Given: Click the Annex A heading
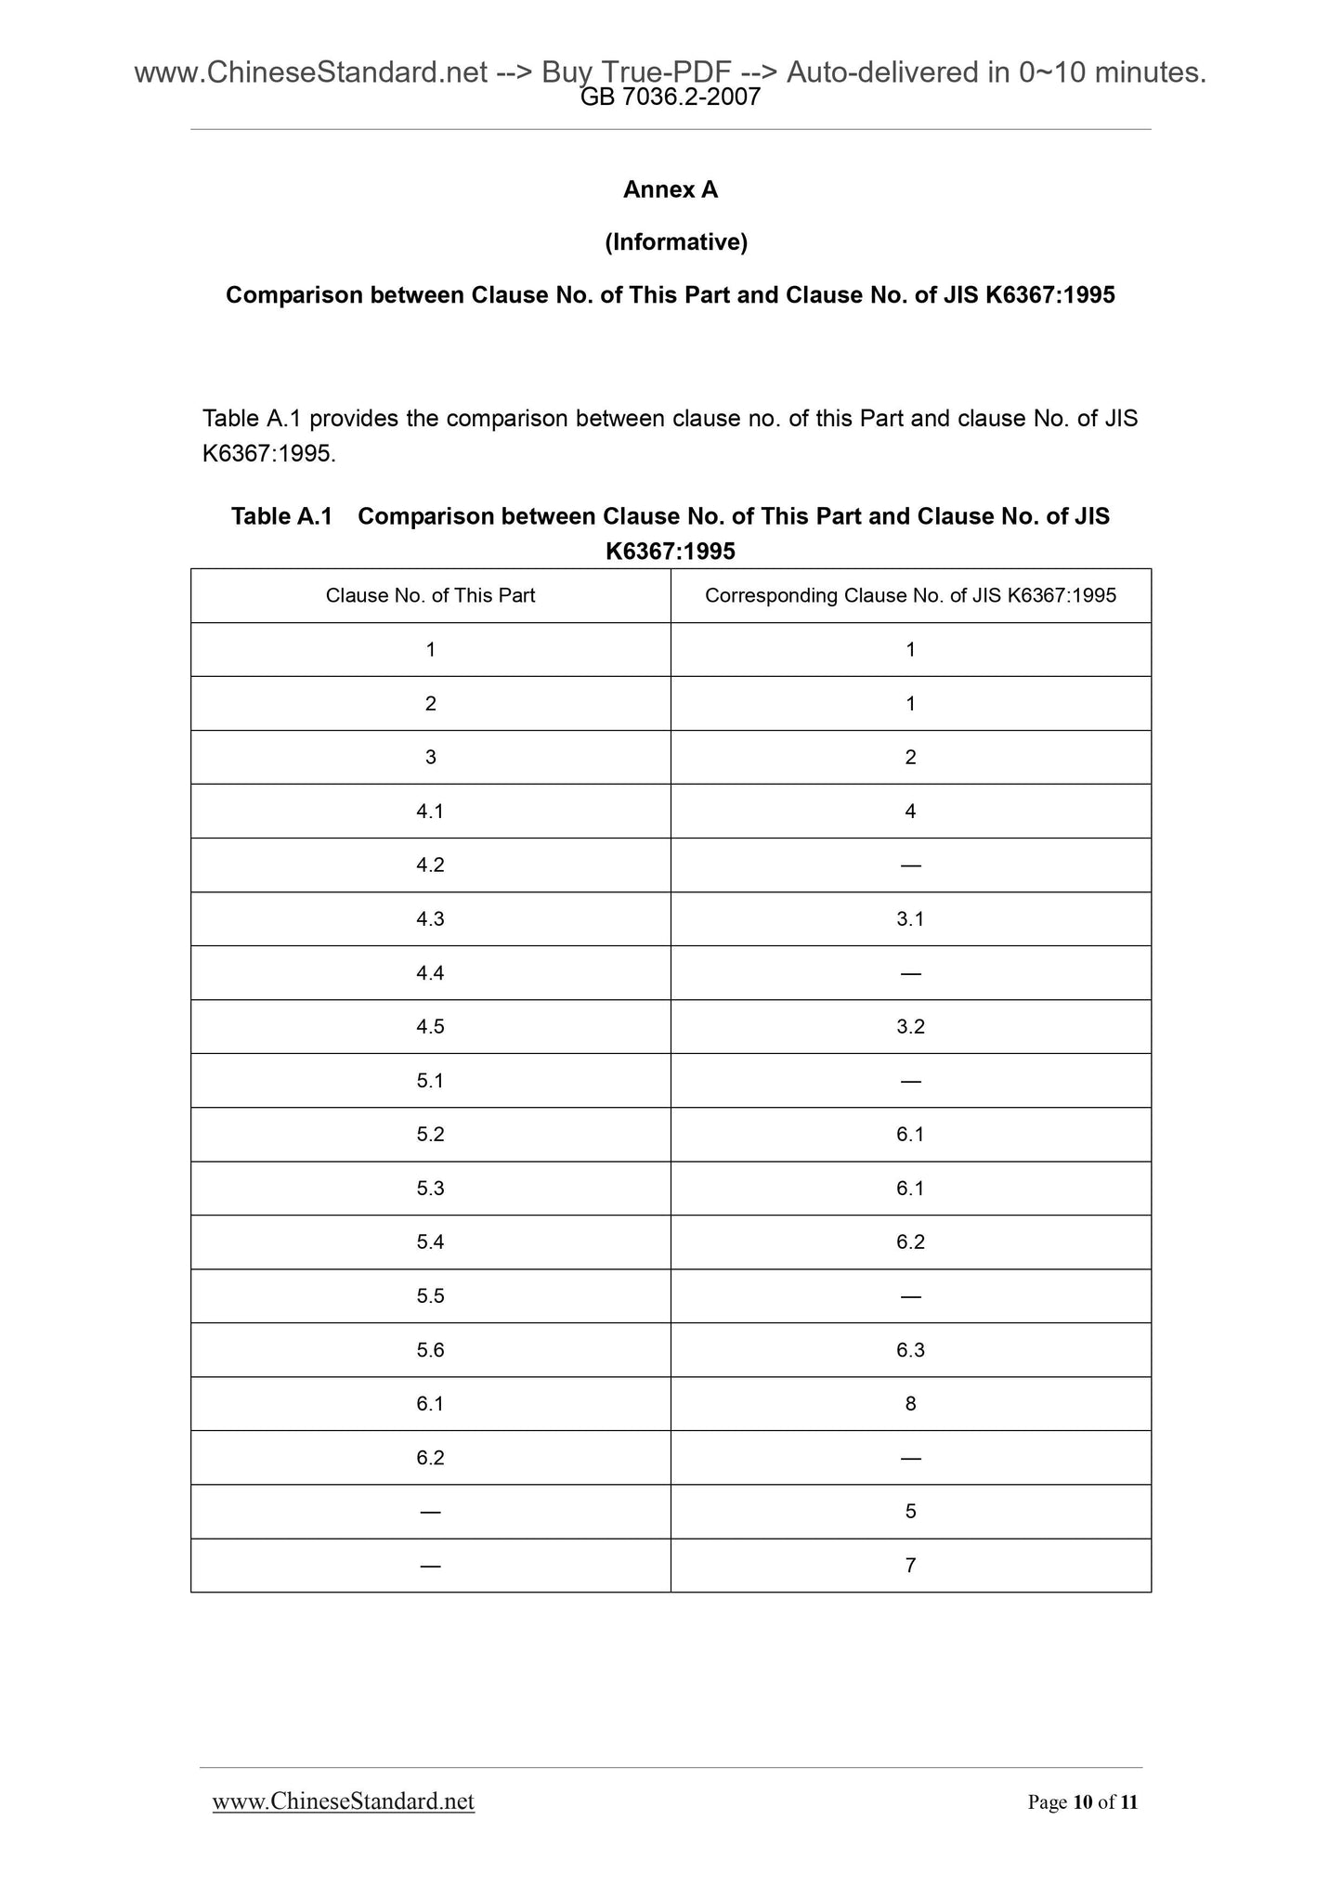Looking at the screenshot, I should (x=670, y=189).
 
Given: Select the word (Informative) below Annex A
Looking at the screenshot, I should (x=675, y=242).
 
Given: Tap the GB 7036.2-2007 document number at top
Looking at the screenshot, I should (x=670, y=97).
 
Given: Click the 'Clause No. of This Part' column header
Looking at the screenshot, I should (x=430, y=595).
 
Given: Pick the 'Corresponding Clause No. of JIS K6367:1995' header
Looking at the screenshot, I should (x=910, y=595).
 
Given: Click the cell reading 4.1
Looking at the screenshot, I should (x=430, y=812).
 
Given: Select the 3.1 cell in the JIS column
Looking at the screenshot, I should (x=910, y=919).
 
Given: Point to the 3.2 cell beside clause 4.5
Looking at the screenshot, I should (x=910, y=1027).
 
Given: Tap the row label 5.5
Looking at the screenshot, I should (x=430, y=1296).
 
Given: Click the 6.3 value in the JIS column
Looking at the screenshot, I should (x=910, y=1350).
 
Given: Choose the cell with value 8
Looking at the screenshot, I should (x=910, y=1404).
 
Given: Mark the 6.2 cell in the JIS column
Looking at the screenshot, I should (x=910, y=1242).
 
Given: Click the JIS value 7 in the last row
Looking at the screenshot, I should (x=910, y=1566).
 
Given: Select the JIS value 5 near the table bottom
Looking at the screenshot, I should (x=910, y=1512).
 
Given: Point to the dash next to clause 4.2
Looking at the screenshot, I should (x=910, y=865).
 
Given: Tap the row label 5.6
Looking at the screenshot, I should (x=430, y=1350).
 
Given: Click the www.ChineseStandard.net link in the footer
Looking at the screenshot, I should (x=343, y=1801).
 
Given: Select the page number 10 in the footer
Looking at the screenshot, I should (x=1082, y=1802).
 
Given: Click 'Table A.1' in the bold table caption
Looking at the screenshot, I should (x=281, y=516).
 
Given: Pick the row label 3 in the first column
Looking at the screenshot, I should (x=430, y=758).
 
